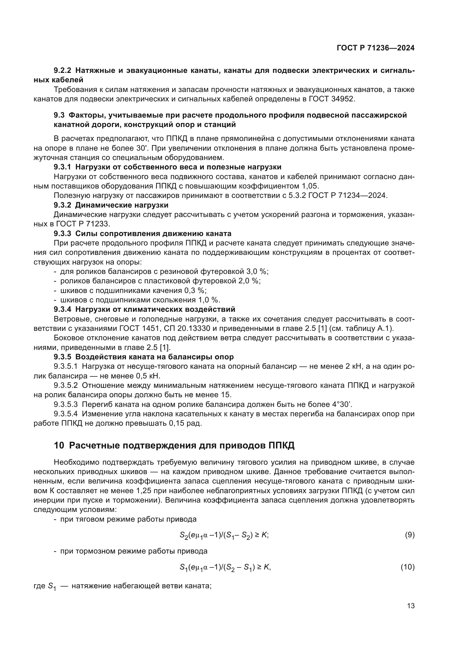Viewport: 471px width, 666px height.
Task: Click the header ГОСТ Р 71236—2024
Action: (376, 48)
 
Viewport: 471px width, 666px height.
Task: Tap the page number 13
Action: (411, 606)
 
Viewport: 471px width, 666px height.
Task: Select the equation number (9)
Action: (409, 535)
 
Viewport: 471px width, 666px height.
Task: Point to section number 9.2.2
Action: (62, 71)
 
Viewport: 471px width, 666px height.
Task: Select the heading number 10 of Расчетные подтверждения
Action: (59, 445)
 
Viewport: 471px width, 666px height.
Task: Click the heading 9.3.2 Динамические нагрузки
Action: (111, 205)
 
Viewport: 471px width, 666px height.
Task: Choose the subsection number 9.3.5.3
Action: (65, 404)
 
